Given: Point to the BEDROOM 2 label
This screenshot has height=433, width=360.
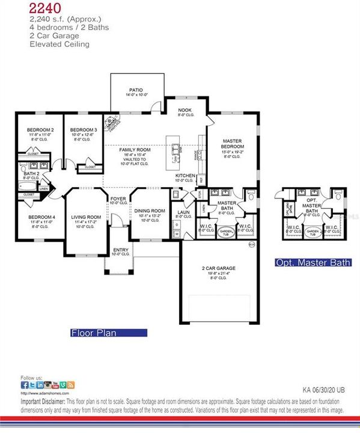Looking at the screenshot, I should (41, 130).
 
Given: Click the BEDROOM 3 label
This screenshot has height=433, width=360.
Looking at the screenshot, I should (84, 130).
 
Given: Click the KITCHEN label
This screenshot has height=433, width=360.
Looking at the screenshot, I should (185, 175).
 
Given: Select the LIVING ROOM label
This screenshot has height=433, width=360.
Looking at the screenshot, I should (85, 217).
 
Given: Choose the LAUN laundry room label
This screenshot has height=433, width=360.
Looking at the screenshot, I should (183, 212).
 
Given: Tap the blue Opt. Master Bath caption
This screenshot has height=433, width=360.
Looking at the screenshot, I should (313, 263).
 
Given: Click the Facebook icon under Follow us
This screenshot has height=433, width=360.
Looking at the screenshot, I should (24, 384).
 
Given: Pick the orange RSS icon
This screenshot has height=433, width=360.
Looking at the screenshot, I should (71, 384).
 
